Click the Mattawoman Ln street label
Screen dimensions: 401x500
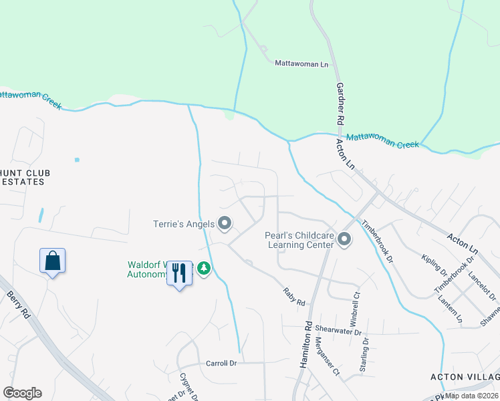click(302, 63)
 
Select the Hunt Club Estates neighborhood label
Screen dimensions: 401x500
click(24, 177)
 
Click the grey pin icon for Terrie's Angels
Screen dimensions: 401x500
click(225, 223)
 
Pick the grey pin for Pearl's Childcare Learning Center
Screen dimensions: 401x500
click(344, 239)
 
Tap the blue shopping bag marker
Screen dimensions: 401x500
click(52, 261)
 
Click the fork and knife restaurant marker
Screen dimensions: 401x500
click(179, 273)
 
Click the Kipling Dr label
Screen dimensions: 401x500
click(434, 265)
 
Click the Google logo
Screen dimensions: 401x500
click(22, 392)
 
